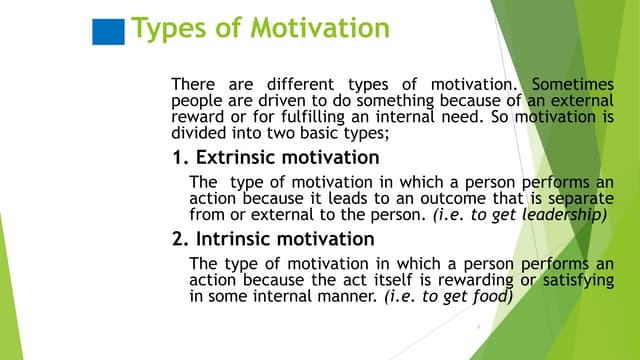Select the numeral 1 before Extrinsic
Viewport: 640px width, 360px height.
[178, 158]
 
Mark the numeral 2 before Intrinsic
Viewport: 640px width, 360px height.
[178, 239]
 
